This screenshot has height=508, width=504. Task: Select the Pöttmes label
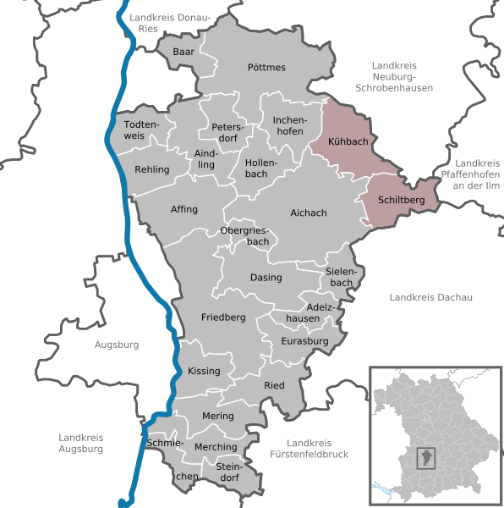click(x=266, y=67)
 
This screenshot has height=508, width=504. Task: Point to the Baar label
click(x=184, y=52)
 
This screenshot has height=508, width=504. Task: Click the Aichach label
click(x=308, y=213)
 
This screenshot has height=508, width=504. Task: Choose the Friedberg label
click(x=223, y=317)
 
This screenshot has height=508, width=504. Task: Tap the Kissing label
click(x=204, y=371)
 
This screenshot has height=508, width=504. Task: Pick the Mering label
click(x=218, y=416)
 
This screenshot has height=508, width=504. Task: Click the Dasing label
click(x=266, y=277)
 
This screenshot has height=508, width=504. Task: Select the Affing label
click(x=184, y=209)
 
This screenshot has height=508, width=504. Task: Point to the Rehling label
click(x=152, y=169)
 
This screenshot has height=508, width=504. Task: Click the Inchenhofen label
click(x=288, y=125)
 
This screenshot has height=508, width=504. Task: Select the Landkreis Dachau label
click(x=430, y=296)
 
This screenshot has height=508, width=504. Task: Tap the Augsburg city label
click(x=117, y=345)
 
